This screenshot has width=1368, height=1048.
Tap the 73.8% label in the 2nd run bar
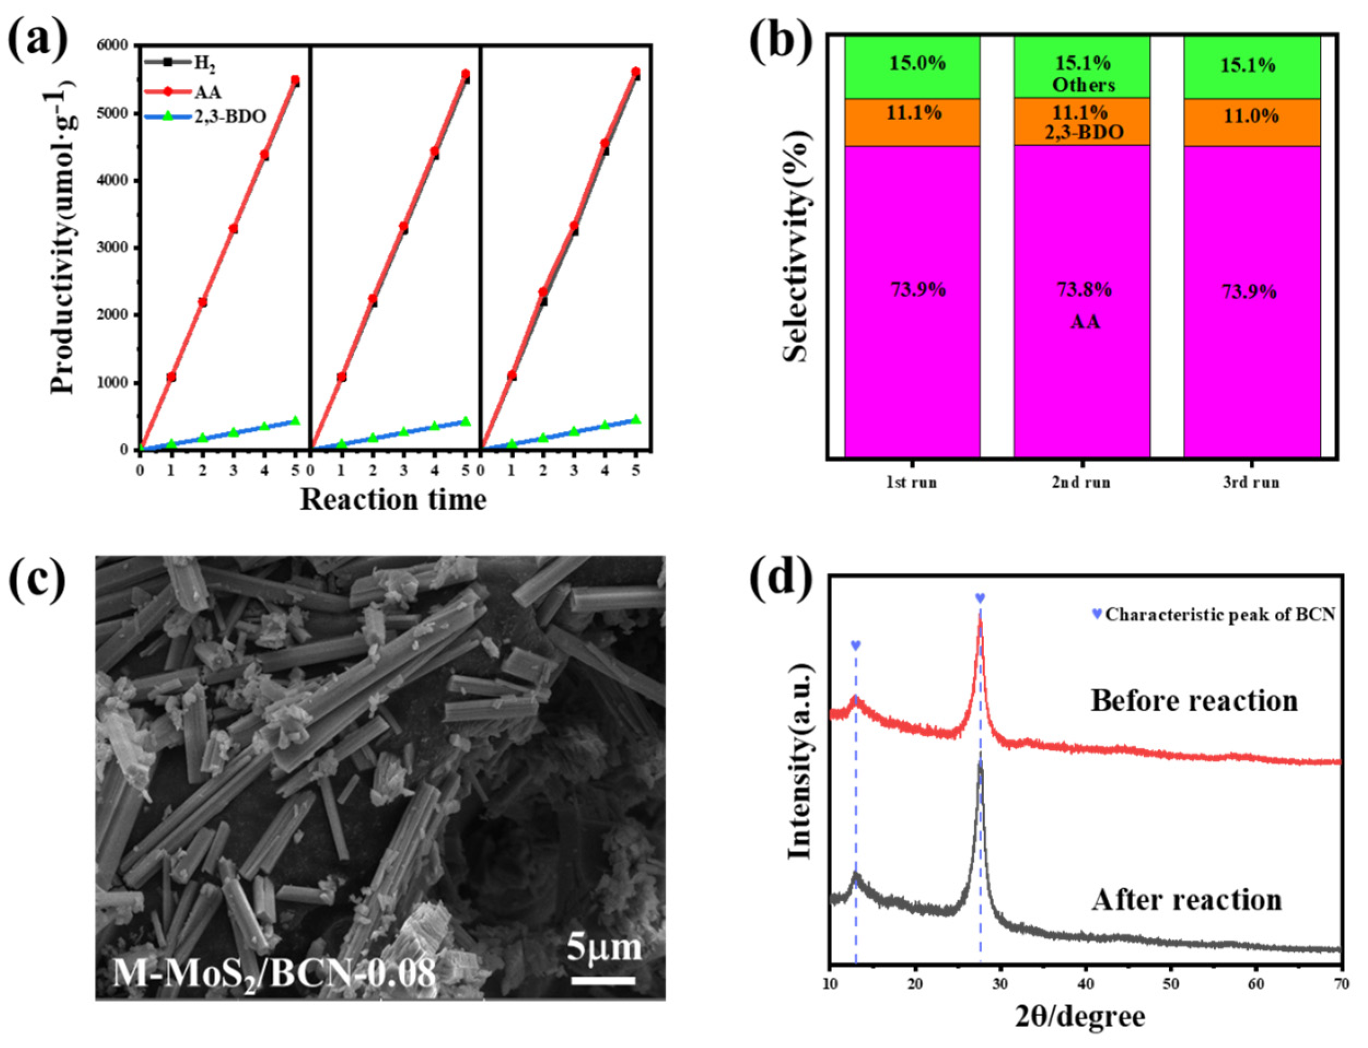tap(1084, 290)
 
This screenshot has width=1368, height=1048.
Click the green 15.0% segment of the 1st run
tap(913, 67)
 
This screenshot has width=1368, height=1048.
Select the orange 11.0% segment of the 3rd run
tap(1252, 122)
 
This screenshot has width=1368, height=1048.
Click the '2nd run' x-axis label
tap(1081, 482)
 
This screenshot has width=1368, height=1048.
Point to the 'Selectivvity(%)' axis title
tap(796, 246)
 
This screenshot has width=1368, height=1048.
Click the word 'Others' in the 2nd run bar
tap(1084, 85)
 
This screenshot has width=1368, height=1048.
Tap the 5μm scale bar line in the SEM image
tap(604, 981)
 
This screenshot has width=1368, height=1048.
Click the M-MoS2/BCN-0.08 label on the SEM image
tap(274, 973)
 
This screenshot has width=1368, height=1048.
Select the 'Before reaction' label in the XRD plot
tap(1194, 701)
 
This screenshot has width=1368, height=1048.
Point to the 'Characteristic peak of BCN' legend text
tap(1220, 615)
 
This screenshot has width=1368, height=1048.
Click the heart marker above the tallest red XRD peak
tap(980, 598)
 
